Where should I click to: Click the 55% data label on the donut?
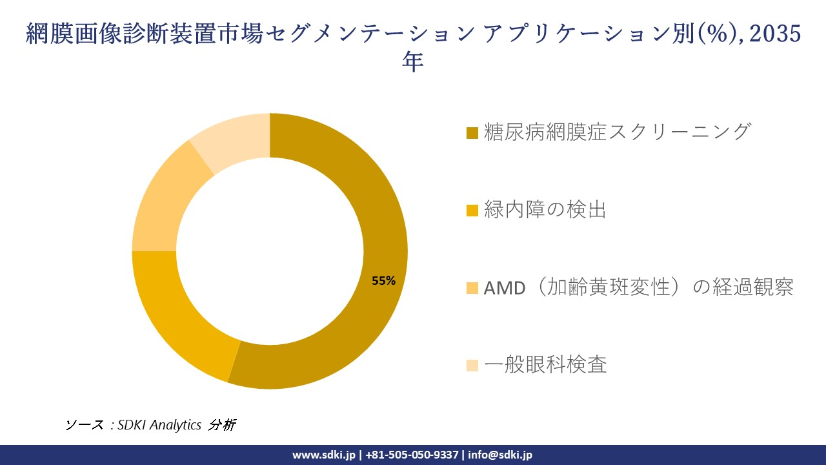pyautogui.click(x=383, y=280)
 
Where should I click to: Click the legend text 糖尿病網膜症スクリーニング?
pyautogui.click(x=618, y=132)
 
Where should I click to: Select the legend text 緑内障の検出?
pyautogui.click(x=545, y=210)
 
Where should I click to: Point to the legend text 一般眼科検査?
pyautogui.click(x=545, y=365)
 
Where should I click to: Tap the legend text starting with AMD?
pyautogui.click(x=638, y=287)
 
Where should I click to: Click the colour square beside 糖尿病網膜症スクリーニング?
pyautogui.click(x=472, y=133)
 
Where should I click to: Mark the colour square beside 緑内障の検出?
pyautogui.click(x=472, y=211)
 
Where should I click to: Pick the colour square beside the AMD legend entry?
pyautogui.click(x=472, y=288)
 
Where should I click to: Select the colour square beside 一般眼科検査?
pyautogui.click(x=472, y=366)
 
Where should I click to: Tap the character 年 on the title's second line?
pyautogui.click(x=413, y=62)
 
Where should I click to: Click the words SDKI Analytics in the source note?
pyautogui.click(x=159, y=425)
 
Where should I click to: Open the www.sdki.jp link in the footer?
pyautogui.click(x=324, y=455)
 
